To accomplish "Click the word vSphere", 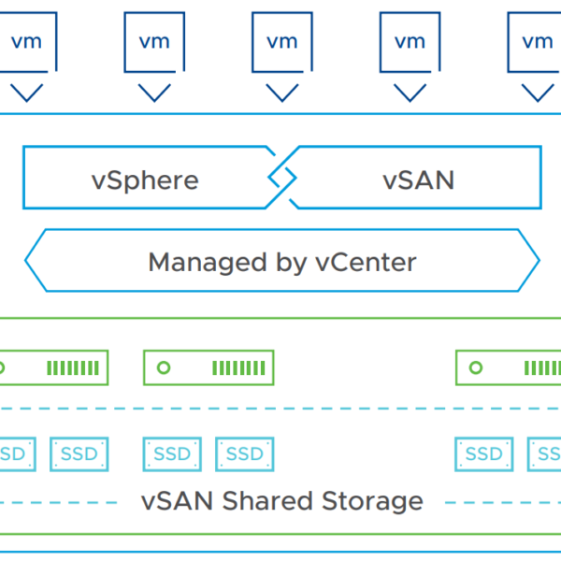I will tap(145, 179).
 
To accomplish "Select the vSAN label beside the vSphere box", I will tap(418, 179).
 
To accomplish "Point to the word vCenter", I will tap(362, 261).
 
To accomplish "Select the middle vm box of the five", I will tap(281, 42).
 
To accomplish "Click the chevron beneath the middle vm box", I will tap(281, 93).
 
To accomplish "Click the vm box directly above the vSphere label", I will tap(154, 42).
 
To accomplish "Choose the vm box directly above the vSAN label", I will tap(410, 42).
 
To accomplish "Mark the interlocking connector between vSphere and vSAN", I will tap(281, 177).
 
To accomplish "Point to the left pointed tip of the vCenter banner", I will tap(28, 261).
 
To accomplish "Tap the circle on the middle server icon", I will tap(164, 367).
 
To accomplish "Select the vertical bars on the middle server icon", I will tap(237, 367).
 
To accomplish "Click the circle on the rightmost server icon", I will tap(476, 367).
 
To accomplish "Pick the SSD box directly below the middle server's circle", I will tap(172, 454).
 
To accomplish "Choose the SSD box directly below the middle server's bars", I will tap(245, 454).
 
